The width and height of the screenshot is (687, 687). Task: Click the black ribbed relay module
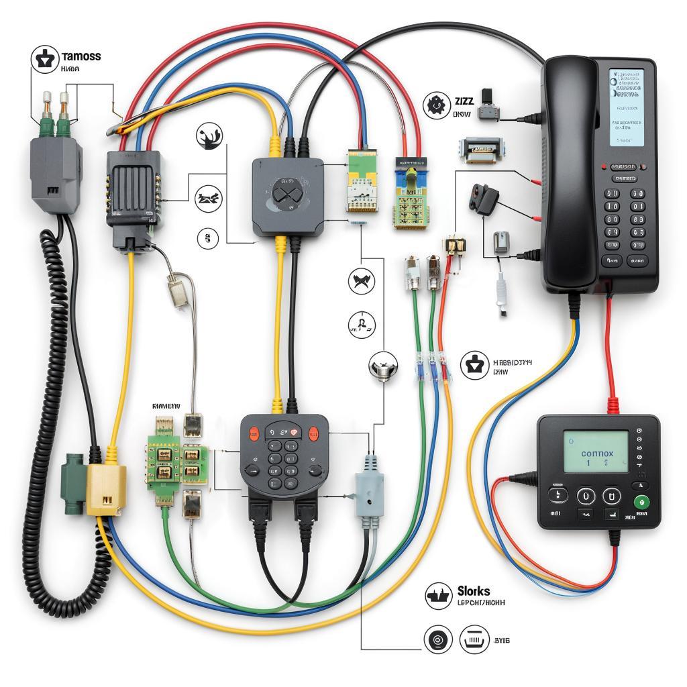(x=134, y=191)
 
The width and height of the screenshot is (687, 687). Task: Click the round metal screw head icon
(x=384, y=367)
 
